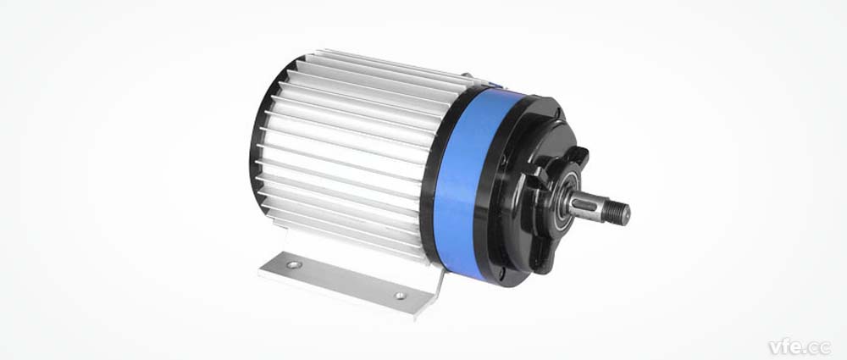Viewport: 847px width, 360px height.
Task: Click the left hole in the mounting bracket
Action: point(293,264)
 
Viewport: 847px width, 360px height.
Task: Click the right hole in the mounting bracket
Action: point(399,296)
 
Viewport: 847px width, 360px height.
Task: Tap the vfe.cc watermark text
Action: point(800,346)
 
